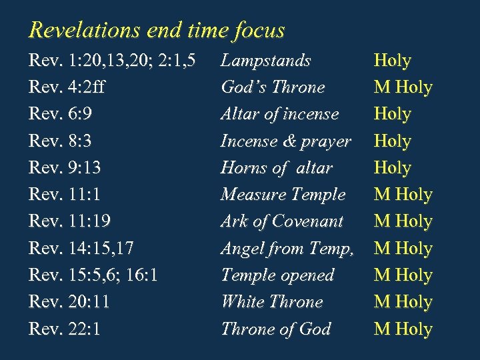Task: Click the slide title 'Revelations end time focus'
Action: click(x=157, y=30)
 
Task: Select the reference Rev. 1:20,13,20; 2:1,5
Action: click(x=112, y=61)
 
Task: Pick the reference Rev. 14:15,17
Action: click(x=81, y=249)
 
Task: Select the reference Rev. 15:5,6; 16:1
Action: click(x=93, y=275)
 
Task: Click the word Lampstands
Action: click(x=265, y=61)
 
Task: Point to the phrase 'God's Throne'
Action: click(x=273, y=87)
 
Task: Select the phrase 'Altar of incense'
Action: click(x=279, y=114)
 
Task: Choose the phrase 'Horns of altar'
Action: click(x=276, y=168)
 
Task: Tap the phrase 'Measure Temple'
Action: click(x=283, y=195)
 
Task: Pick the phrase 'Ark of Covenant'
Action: click(x=281, y=221)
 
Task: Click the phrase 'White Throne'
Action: click(x=271, y=302)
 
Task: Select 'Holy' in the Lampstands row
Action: click(x=393, y=61)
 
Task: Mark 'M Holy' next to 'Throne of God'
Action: click(x=403, y=329)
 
